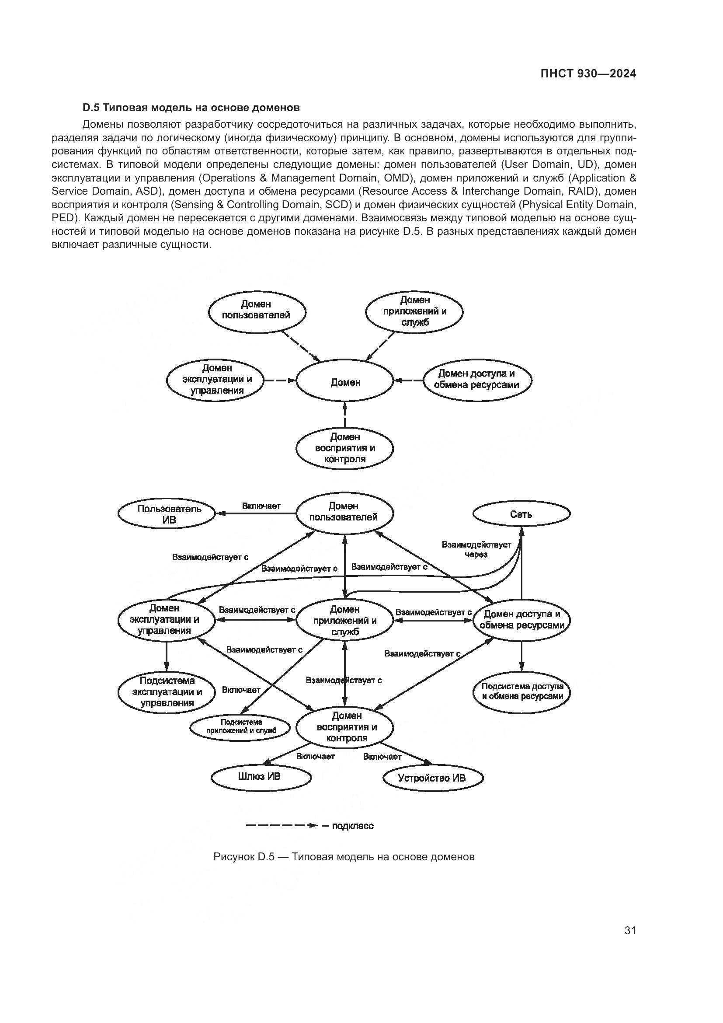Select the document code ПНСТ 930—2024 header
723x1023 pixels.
point(588,74)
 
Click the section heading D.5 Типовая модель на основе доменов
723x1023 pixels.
point(191,108)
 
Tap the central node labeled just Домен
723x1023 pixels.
point(345,383)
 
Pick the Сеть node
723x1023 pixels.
point(521,515)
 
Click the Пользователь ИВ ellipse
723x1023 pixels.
point(167,514)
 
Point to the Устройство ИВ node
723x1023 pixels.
point(432,778)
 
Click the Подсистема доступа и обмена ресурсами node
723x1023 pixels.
point(522,691)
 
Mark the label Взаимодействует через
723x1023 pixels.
point(476,549)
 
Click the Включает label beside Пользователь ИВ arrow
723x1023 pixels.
point(261,506)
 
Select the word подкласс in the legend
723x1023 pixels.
point(353,826)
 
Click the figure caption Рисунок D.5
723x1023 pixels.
point(344,857)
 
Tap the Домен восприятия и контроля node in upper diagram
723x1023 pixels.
point(344,448)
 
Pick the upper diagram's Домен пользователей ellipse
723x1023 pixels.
point(257,310)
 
